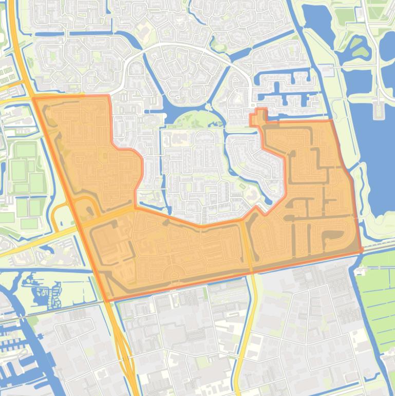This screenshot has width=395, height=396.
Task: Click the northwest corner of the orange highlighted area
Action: [x=34, y=97]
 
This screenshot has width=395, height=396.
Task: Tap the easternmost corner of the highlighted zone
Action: [x=362, y=249]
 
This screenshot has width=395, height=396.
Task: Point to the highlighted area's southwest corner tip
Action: [x=106, y=300]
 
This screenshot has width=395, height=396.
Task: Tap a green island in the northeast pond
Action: [x=359, y=49]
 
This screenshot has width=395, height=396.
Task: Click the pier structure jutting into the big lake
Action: [x=379, y=109]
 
